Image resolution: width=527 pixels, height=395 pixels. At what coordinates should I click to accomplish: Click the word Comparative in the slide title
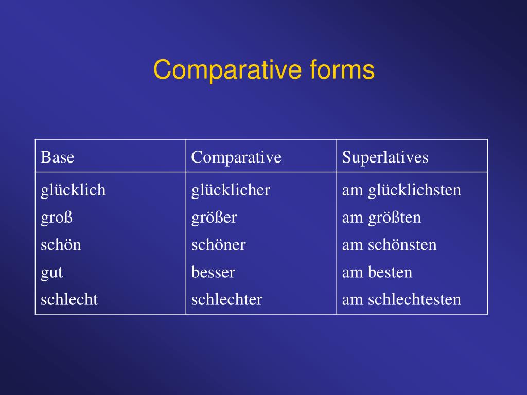[x=226, y=70]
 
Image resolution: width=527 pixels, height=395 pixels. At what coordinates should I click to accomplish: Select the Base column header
[x=58, y=157]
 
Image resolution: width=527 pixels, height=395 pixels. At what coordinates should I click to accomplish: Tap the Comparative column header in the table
[x=236, y=157]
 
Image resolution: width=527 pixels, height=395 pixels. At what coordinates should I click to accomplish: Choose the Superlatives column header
[x=385, y=157]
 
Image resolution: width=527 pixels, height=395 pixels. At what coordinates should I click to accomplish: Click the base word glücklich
[x=73, y=190]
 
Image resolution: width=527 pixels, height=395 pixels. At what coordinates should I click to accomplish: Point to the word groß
[x=57, y=218]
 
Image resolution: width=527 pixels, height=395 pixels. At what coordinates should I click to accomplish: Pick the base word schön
[x=61, y=245]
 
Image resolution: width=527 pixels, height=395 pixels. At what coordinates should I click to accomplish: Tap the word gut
[x=51, y=272]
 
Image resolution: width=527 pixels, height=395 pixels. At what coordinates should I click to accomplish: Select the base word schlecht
[x=69, y=299]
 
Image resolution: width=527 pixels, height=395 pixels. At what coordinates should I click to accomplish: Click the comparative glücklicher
[x=231, y=190]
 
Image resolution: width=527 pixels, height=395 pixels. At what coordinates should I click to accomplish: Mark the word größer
[x=214, y=218]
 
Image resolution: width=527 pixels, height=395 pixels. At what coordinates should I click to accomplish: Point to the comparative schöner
[x=218, y=245]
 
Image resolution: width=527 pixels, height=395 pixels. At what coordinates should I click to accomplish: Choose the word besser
[x=213, y=272]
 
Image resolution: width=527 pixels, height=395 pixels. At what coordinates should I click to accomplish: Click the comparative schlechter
[x=226, y=299]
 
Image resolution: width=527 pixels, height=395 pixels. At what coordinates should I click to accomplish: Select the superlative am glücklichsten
[x=401, y=190]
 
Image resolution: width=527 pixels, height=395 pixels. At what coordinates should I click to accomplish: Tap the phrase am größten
[x=381, y=218]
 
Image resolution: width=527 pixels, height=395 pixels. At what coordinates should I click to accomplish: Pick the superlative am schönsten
[x=389, y=245]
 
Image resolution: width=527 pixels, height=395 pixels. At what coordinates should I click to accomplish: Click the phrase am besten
[x=377, y=272]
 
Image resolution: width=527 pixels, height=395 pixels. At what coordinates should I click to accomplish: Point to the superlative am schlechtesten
[x=401, y=299]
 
